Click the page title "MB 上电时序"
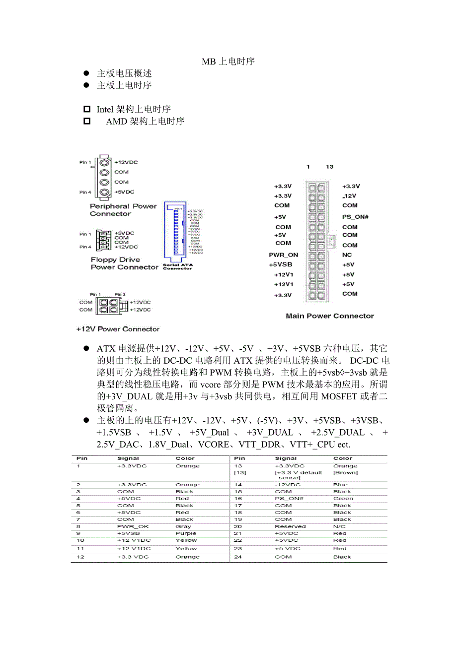tap(228, 62)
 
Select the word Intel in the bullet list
tap(105, 109)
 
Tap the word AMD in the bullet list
tap(116, 121)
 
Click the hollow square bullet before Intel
tap(87, 109)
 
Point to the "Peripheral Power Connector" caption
tap(123, 210)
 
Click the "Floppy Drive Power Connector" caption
tap(124, 263)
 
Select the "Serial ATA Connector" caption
tap(177, 266)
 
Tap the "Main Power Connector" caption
tap(330, 316)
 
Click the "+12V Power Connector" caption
tap(118, 329)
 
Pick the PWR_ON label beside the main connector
tap(283, 255)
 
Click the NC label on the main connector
tap(347, 255)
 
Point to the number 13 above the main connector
tap(330, 167)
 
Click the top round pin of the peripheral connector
tap(104, 162)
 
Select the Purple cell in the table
tap(186, 533)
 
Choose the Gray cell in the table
tap(183, 526)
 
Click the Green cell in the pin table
tap(343, 499)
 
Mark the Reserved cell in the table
tap(290, 526)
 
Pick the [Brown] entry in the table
tap(345, 472)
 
